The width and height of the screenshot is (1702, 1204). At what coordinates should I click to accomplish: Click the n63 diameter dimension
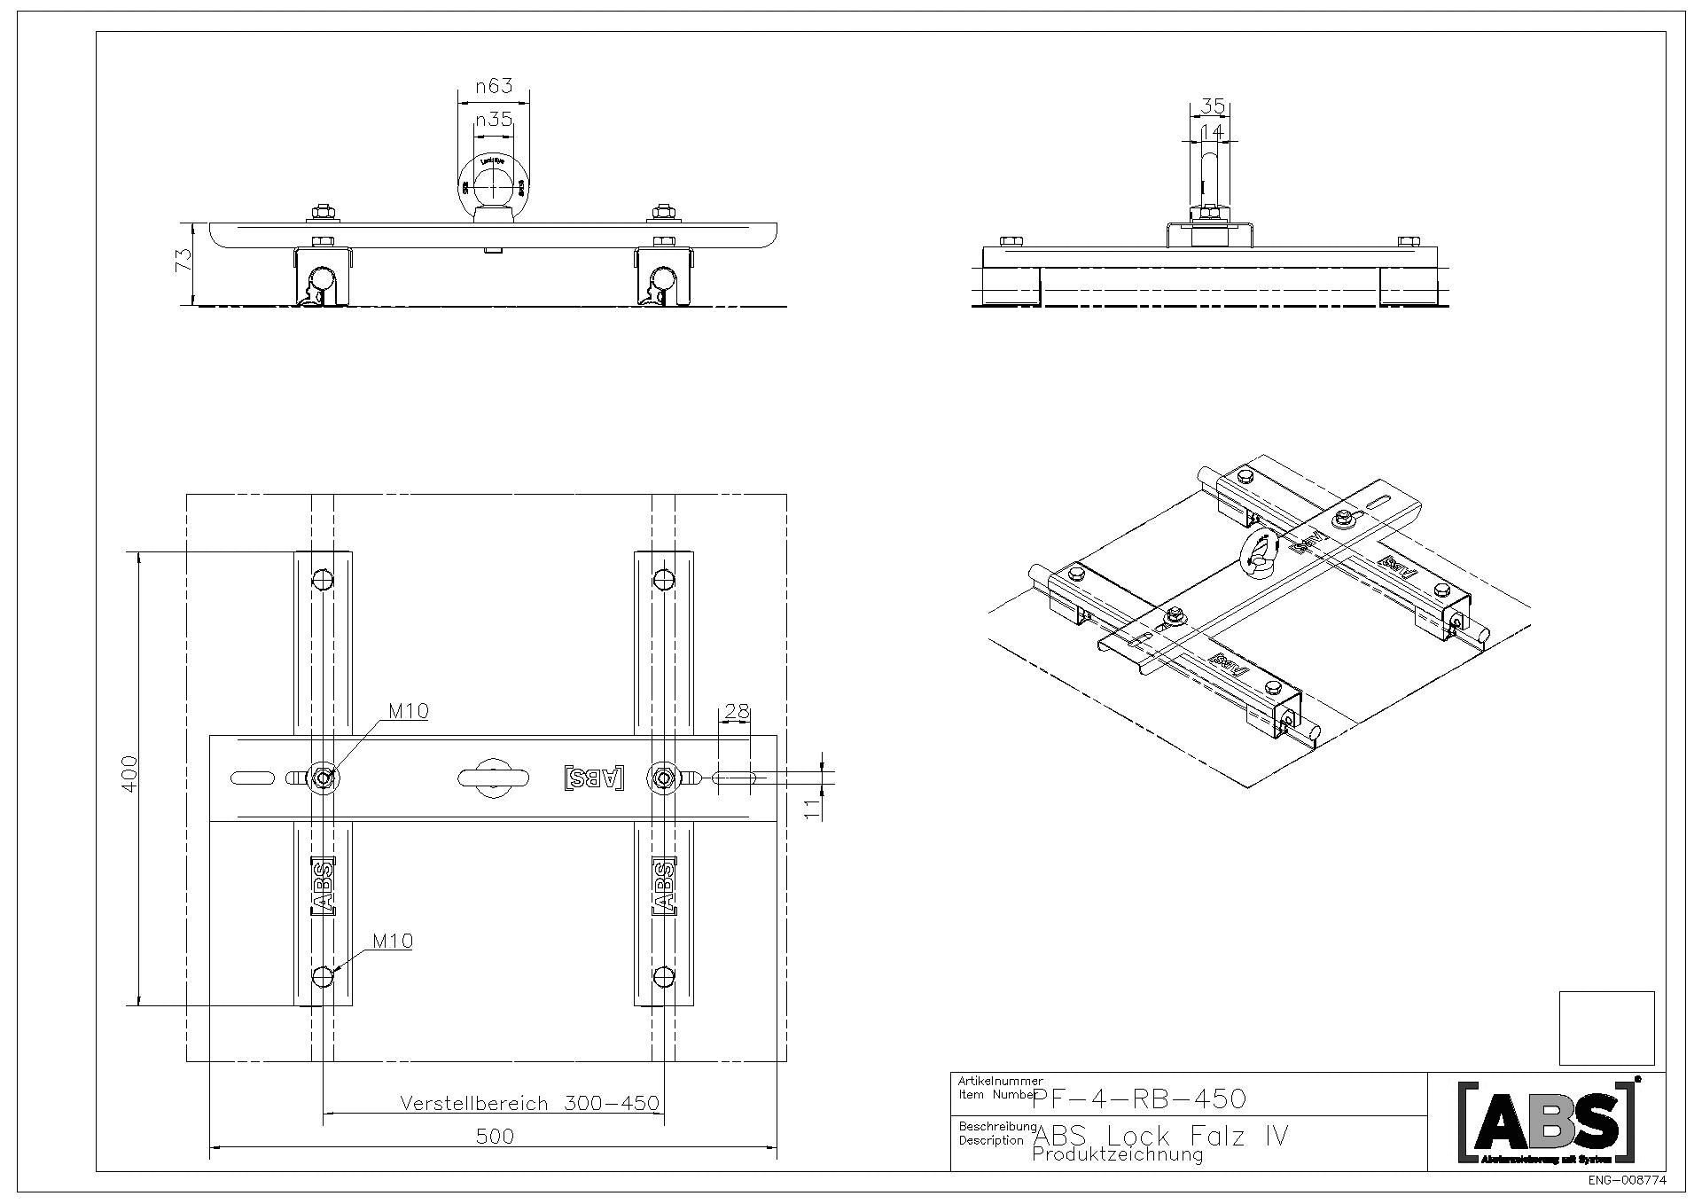click(x=494, y=86)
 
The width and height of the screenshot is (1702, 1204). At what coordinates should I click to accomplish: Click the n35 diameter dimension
click(x=494, y=120)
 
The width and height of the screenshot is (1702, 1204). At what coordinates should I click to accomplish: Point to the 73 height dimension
click(x=183, y=260)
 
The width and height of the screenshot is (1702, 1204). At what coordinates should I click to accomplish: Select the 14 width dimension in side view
click(x=1212, y=131)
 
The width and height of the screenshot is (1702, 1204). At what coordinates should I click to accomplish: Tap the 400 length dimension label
click(x=130, y=774)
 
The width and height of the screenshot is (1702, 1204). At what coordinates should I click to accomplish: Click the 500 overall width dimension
click(x=494, y=1137)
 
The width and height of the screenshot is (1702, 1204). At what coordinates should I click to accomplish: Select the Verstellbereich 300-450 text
click(x=529, y=1104)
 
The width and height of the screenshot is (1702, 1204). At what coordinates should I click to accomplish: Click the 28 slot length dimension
click(x=737, y=711)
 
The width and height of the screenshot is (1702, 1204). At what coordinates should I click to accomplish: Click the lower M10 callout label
click(x=392, y=941)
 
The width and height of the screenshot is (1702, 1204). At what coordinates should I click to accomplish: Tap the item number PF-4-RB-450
click(x=1140, y=1099)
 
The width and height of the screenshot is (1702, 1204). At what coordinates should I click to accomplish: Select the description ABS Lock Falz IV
click(x=1161, y=1136)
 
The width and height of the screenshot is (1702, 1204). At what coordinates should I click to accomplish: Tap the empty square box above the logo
click(x=1606, y=1028)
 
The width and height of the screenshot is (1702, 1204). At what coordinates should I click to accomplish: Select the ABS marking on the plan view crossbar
click(x=594, y=778)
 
